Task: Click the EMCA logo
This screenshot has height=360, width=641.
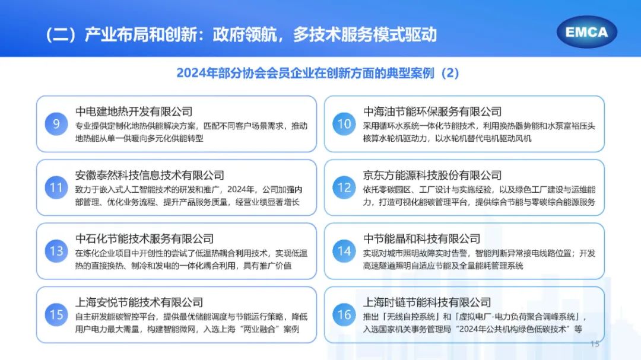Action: tap(586, 32)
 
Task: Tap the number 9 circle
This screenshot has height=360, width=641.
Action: tap(56, 124)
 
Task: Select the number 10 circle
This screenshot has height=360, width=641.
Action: tap(344, 124)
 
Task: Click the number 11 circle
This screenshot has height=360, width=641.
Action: tap(56, 187)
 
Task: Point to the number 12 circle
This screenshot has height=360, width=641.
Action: tap(344, 187)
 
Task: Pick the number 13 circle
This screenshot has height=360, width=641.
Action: tap(56, 251)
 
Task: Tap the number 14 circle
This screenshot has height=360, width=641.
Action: tap(344, 251)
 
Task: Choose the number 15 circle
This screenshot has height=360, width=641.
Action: tap(56, 315)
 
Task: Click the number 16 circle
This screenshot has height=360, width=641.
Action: tap(344, 315)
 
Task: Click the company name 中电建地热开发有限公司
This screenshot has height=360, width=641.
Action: tap(134, 111)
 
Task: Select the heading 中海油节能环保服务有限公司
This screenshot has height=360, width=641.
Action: tap(432, 111)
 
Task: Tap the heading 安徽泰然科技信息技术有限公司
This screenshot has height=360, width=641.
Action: tap(150, 176)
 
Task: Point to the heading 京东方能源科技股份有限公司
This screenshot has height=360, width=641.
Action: tap(432, 176)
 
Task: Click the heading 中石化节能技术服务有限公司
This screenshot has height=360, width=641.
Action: tap(144, 238)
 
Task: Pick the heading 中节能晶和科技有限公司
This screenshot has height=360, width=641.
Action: tap(421, 238)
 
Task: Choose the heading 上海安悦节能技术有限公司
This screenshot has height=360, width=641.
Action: tap(139, 302)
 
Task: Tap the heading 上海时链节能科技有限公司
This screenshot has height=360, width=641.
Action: tap(427, 302)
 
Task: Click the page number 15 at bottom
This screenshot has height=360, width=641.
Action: tap(595, 344)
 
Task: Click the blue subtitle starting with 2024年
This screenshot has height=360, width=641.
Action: tap(318, 73)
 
